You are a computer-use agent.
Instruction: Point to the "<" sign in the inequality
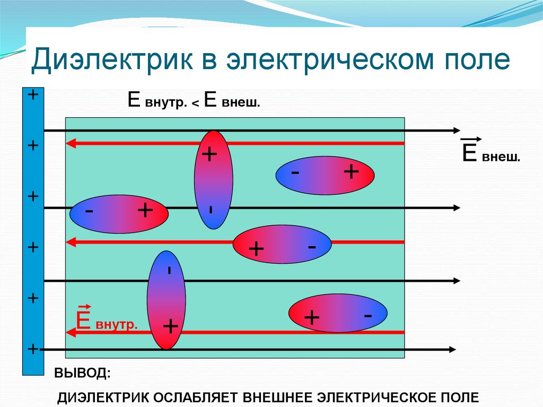(x=195, y=103)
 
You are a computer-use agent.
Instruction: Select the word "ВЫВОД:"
(x=82, y=373)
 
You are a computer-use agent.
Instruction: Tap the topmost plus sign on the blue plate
(x=33, y=95)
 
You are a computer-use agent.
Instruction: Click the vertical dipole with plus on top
(x=213, y=179)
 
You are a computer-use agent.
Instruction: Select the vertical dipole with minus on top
(x=167, y=300)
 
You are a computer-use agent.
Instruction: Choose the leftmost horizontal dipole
(x=119, y=213)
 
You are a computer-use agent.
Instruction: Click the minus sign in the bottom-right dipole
(x=367, y=315)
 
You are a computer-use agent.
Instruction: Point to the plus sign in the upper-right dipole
(x=351, y=171)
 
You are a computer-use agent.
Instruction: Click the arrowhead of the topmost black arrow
(x=456, y=130)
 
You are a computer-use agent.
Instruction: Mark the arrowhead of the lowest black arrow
(x=451, y=349)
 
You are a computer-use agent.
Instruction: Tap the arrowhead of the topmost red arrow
(x=69, y=143)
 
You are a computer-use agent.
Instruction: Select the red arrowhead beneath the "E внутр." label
(x=69, y=332)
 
